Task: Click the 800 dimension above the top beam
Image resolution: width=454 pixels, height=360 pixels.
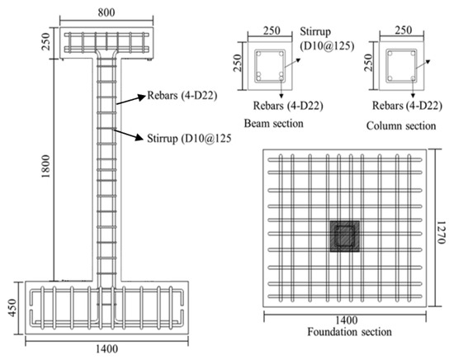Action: [104, 14]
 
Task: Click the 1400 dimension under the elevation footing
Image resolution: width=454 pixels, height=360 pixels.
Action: [103, 351]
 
